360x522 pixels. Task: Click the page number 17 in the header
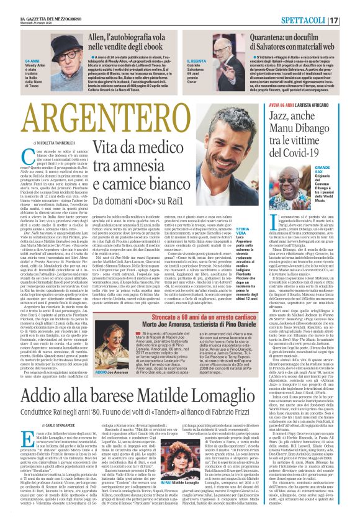pyautogui.click(x=351, y=6)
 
